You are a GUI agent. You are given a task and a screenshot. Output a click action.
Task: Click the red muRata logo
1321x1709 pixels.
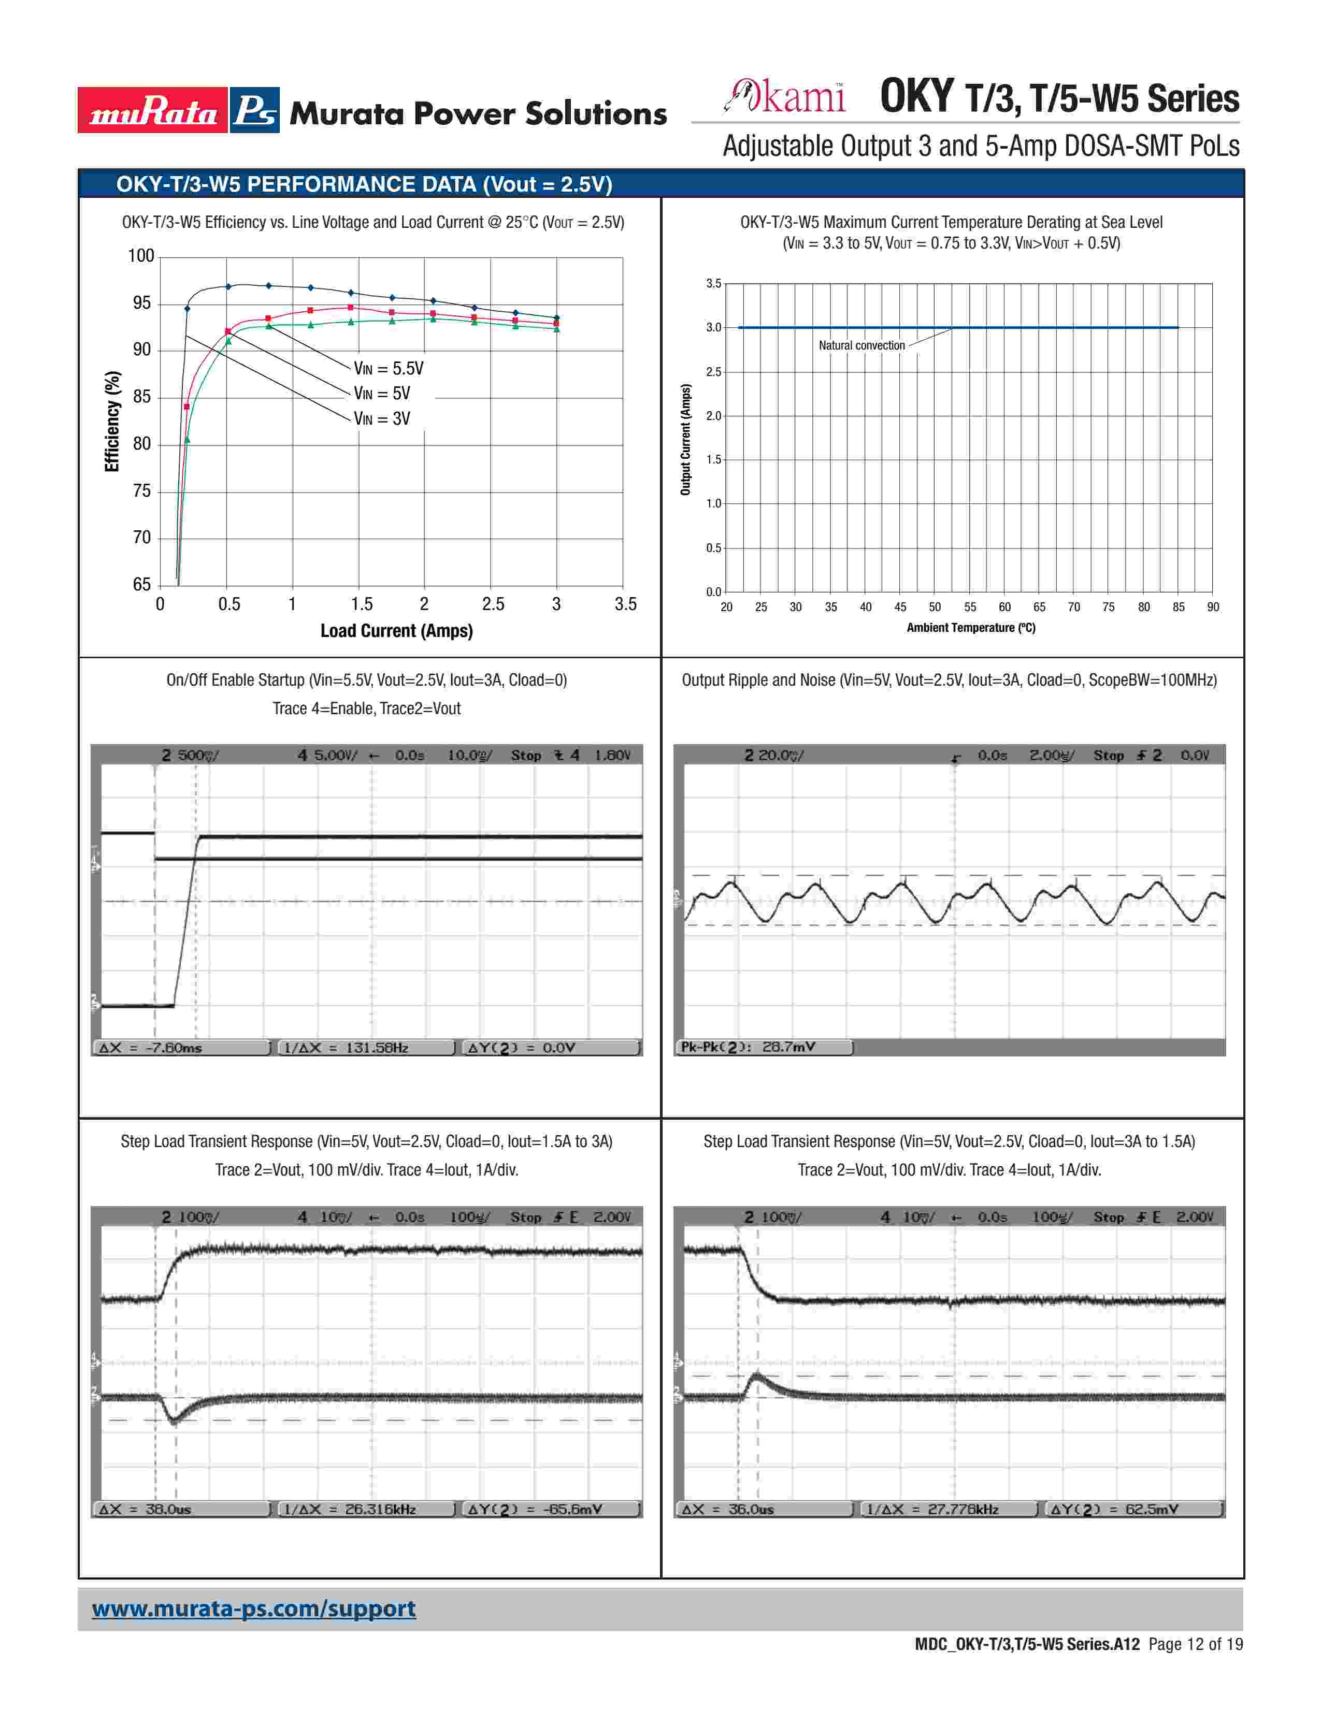[153, 110]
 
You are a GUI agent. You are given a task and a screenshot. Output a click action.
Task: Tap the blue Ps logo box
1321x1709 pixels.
[254, 110]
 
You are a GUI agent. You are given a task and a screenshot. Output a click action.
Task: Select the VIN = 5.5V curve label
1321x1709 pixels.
[388, 369]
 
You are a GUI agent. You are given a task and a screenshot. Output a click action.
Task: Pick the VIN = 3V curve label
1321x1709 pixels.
[382, 418]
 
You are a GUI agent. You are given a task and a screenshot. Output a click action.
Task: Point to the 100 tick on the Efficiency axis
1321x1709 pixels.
[141, 256]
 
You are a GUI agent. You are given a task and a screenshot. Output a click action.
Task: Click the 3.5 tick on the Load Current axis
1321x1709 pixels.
[625, 604]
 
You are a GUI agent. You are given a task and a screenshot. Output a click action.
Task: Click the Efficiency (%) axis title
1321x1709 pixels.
[113, 421]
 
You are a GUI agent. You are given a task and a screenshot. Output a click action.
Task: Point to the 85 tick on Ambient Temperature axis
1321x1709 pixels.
[1179, 607]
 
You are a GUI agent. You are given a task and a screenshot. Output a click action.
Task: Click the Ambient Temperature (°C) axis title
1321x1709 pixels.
[970, 628]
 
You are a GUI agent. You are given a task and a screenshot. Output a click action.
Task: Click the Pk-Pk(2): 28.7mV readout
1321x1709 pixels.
[764, 1047]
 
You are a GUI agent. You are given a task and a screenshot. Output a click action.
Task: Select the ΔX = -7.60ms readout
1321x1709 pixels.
[181, 1048]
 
